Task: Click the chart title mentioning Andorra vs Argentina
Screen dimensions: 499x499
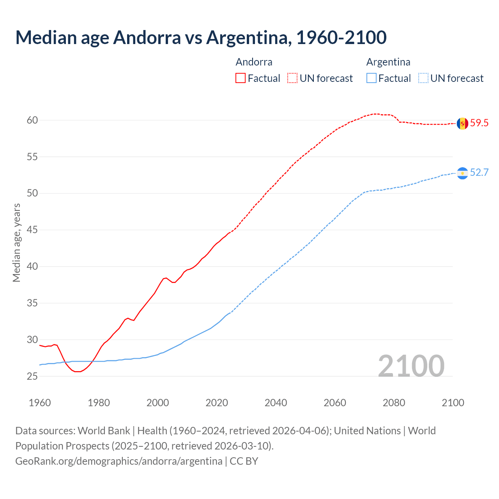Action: coord(201,37)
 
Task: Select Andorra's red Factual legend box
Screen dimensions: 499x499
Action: coord(241,78)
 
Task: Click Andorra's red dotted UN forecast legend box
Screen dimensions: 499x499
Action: coord(292,78)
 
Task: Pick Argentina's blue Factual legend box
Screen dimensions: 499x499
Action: coord(372,78)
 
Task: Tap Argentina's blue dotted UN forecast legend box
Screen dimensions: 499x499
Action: coord(423,78)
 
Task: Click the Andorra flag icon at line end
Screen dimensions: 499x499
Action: coord(462,123)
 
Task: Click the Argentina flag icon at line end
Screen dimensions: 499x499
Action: coord(462,173)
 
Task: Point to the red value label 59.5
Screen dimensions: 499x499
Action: coord(479,123)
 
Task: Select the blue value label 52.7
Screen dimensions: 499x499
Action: coord(479,173)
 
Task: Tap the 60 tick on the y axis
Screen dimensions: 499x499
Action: coord(32,120)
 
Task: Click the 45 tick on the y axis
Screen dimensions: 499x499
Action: coord(32,230)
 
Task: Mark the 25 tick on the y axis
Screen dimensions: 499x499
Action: coord(32,376)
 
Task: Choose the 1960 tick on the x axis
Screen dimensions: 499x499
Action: coord(40,403)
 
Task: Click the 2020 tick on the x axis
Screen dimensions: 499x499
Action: coord(217,403)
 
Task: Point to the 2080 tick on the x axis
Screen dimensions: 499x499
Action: coord(394,403)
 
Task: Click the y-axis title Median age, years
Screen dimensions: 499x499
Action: coord(16,242)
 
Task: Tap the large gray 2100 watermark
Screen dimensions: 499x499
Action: coord(411,366)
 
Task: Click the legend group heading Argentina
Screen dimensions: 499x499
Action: coord(388,62)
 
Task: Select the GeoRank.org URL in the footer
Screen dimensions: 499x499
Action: coord(119,461)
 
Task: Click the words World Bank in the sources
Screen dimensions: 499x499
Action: coord(104,431)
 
